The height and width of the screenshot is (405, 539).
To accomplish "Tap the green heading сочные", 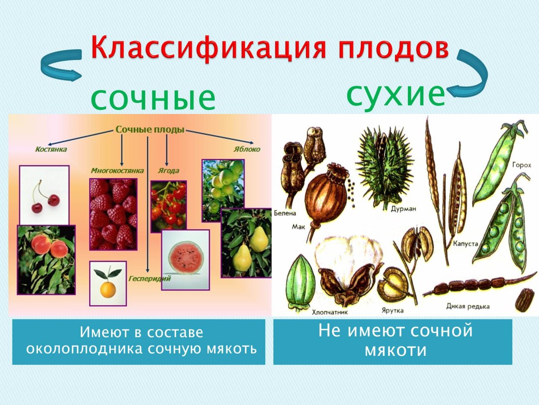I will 153,99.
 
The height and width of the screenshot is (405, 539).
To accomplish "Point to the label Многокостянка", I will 117,170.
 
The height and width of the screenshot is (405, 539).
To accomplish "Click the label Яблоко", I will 248,149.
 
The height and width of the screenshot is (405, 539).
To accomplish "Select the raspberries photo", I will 113,214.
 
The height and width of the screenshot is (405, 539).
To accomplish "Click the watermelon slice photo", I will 185,260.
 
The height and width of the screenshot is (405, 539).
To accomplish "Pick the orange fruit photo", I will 108,283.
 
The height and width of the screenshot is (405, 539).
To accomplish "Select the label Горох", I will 522,165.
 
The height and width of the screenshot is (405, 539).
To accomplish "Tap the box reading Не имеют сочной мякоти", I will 392,342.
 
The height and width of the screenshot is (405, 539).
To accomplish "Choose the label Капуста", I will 465,244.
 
